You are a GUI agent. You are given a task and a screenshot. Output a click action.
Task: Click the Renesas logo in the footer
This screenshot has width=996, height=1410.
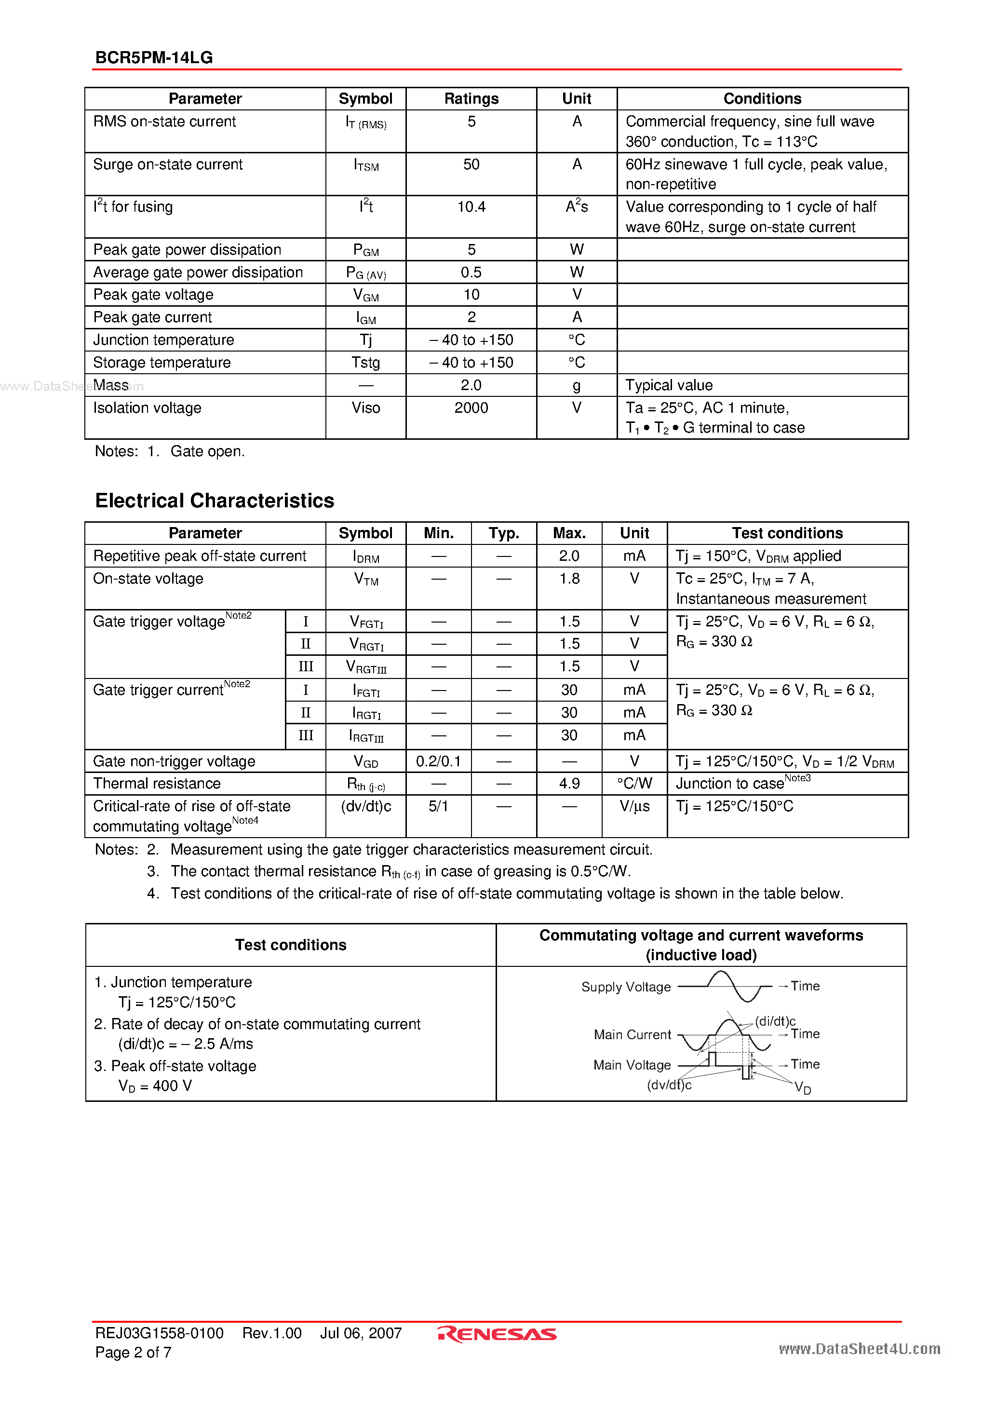coord(497,1334)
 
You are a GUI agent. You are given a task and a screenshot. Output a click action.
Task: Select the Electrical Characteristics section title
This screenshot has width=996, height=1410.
coord(215,501)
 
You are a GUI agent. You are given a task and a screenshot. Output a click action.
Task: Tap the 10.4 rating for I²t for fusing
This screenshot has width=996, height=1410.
coord(471,207)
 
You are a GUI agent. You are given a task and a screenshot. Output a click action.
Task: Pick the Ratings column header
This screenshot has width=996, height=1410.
coord(471,99)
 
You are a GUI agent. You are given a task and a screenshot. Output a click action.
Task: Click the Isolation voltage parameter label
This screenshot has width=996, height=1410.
coord(148,408)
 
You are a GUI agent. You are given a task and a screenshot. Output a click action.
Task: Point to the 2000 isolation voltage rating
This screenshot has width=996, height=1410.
coord(471,408)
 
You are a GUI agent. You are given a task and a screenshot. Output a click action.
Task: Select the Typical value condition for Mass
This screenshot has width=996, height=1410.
coord(669,385)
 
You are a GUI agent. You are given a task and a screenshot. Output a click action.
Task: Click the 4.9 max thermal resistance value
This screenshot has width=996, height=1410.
coord(569,784)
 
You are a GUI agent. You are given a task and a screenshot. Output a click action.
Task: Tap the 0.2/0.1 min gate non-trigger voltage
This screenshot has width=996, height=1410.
coord(438,761)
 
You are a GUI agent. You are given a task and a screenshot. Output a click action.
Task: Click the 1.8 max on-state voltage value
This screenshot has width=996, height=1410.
coord(569,579)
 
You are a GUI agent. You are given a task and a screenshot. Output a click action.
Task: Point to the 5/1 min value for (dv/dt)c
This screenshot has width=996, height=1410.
coord(438,806)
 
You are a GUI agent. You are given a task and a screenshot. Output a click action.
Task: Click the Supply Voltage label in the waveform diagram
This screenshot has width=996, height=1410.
coord(626,987)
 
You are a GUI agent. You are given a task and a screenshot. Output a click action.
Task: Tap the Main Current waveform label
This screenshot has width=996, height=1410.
coord(633,1035)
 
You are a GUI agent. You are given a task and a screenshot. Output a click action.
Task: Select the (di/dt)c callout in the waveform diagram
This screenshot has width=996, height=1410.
coord(775,1021)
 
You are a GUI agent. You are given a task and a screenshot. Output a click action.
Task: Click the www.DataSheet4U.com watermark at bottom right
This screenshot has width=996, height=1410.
coord(859,1349)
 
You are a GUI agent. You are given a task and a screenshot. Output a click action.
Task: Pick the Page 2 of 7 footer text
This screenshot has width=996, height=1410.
coord(133,1352)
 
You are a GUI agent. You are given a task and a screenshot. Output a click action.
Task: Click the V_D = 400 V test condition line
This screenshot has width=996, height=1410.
coord(155,1086)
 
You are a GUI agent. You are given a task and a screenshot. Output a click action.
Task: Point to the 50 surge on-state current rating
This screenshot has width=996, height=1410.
coord(471,164)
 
